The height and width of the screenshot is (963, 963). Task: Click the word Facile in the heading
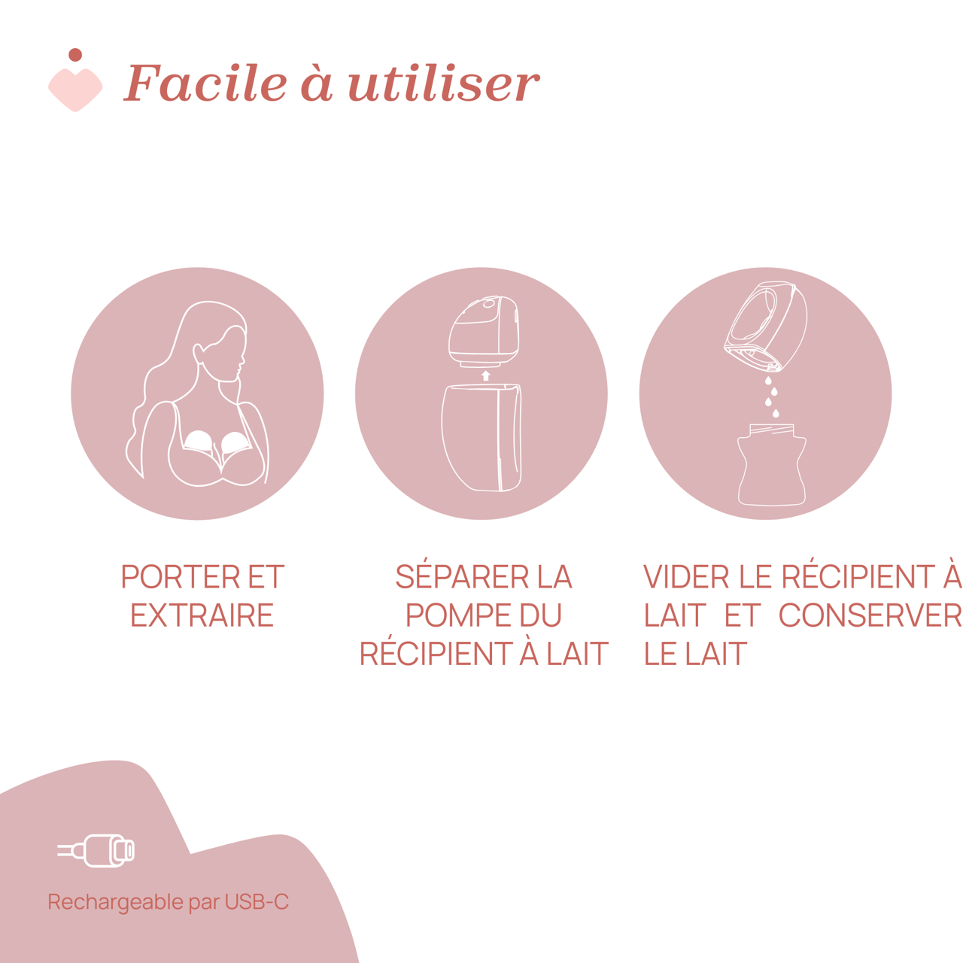205,83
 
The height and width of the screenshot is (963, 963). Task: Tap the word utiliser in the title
445,83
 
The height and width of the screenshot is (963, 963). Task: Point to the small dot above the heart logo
75,55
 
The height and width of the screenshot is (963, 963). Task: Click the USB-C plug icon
96,851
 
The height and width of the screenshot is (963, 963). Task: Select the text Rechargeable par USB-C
169,902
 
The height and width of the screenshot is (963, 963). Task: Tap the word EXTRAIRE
202,615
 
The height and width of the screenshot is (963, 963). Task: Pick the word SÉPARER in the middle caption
462,576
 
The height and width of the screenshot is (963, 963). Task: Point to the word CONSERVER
870,615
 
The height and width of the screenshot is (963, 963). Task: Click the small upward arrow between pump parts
485,376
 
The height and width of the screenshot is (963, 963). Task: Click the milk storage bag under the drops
772,465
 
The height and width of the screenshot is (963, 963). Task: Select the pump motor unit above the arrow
484,332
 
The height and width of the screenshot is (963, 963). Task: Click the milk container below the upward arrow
481,437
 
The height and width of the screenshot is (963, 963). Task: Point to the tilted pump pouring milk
766,327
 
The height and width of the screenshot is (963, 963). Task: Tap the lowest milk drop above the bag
776,413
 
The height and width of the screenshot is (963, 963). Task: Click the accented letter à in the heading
316,83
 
